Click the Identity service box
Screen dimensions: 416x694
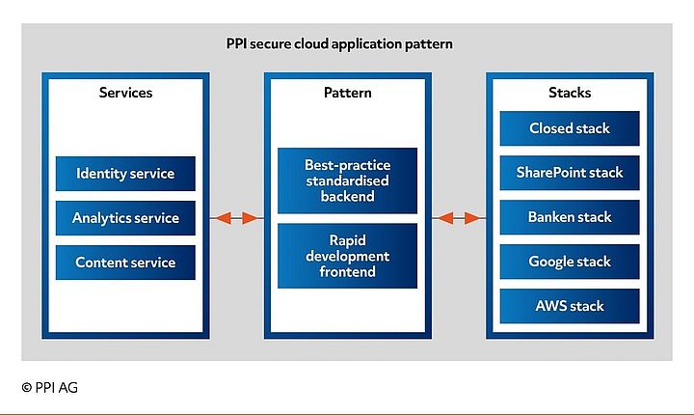[x=125, y=174]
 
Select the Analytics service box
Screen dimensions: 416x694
[x=125, y=218]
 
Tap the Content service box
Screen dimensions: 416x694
[x=125, y=263]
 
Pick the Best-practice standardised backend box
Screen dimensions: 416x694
[x=347, y=180]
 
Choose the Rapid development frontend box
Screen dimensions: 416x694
[x=347, y=256]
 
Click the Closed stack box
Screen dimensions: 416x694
[x=570, y=128]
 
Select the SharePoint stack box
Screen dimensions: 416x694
[x=570, y=173]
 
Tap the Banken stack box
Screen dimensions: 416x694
[x=570, y=217]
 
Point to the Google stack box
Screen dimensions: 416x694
[x=570, y=262]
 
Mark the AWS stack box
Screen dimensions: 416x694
[x=570, y=306]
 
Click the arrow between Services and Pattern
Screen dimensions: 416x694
[x=236, y=218]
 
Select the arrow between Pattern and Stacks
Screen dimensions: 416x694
[x=459, y=218]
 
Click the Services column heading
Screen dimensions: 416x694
[x=125, y=94]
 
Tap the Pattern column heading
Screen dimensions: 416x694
[x=347, y=94]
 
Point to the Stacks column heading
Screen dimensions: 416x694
[x=570, y=94]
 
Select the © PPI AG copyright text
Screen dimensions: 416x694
[x=50, y=387]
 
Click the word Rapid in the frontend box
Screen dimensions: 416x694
[x=347, y=240]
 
